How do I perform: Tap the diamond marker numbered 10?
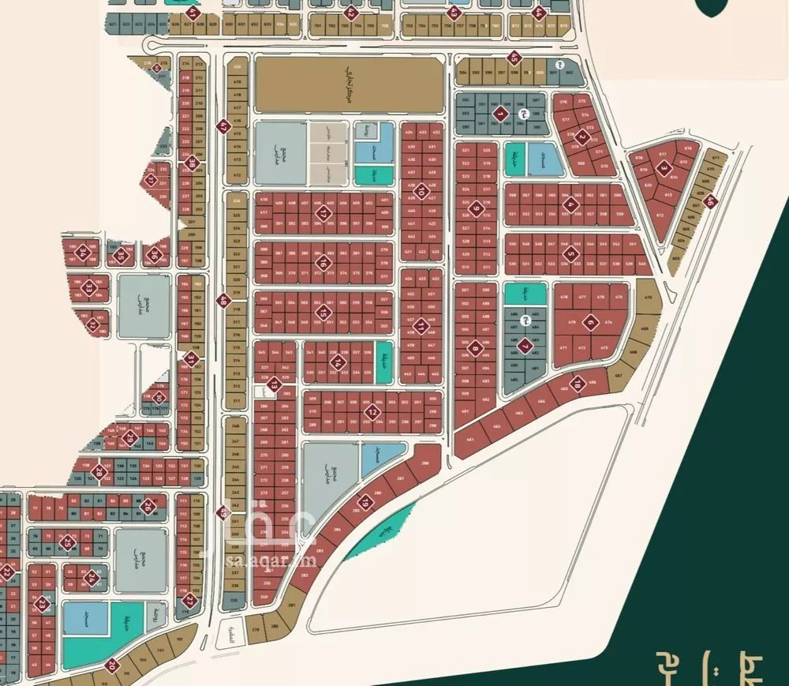pos(422,192)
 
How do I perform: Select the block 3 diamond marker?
pos(664,168)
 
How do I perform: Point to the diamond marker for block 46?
pos(709,201)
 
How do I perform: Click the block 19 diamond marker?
pos(365,502)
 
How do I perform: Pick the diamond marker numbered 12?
pos(372,412)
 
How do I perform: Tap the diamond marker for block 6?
pos(589,322)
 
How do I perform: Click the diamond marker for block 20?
pos(113,665)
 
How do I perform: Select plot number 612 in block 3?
pos(660,215)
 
